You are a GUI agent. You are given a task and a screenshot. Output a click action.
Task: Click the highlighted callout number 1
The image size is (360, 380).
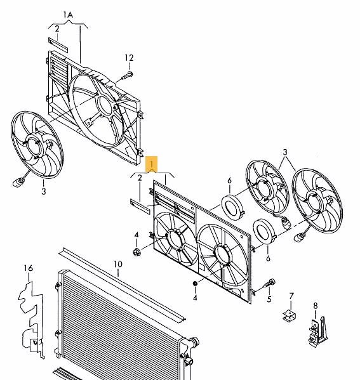coord(151,164)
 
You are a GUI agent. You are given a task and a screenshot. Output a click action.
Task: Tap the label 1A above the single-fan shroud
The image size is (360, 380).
coord(68,15)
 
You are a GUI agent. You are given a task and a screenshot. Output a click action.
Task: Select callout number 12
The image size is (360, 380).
coord(129,58)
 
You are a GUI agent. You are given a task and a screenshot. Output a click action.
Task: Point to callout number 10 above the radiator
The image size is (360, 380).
coord(118,264)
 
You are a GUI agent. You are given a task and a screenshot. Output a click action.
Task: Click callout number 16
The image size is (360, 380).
coord(29,268)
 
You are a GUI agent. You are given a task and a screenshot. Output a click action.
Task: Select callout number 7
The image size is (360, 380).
coord(291,296)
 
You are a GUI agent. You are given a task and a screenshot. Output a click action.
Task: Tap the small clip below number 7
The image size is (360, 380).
coord(289,315)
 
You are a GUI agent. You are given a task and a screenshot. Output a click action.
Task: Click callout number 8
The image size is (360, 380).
coord(315,306)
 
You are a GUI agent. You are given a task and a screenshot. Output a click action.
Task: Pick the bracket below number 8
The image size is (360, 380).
coord(318,331)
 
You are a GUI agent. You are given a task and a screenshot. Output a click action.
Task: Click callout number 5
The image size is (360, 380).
coord(269,299)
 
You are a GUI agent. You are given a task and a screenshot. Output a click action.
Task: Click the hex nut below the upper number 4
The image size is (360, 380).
coord(137,252)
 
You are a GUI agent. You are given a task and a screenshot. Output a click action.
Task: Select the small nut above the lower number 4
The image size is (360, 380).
coord(195,283)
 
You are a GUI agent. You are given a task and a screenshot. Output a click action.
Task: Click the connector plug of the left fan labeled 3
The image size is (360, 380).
coord(18,182)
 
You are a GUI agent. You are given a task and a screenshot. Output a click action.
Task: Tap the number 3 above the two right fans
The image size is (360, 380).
coord(285,152)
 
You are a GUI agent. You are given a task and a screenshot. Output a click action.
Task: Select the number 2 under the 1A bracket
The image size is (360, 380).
coord(57,29)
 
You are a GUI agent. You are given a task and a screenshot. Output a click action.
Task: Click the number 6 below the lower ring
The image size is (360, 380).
coord(268,258)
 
